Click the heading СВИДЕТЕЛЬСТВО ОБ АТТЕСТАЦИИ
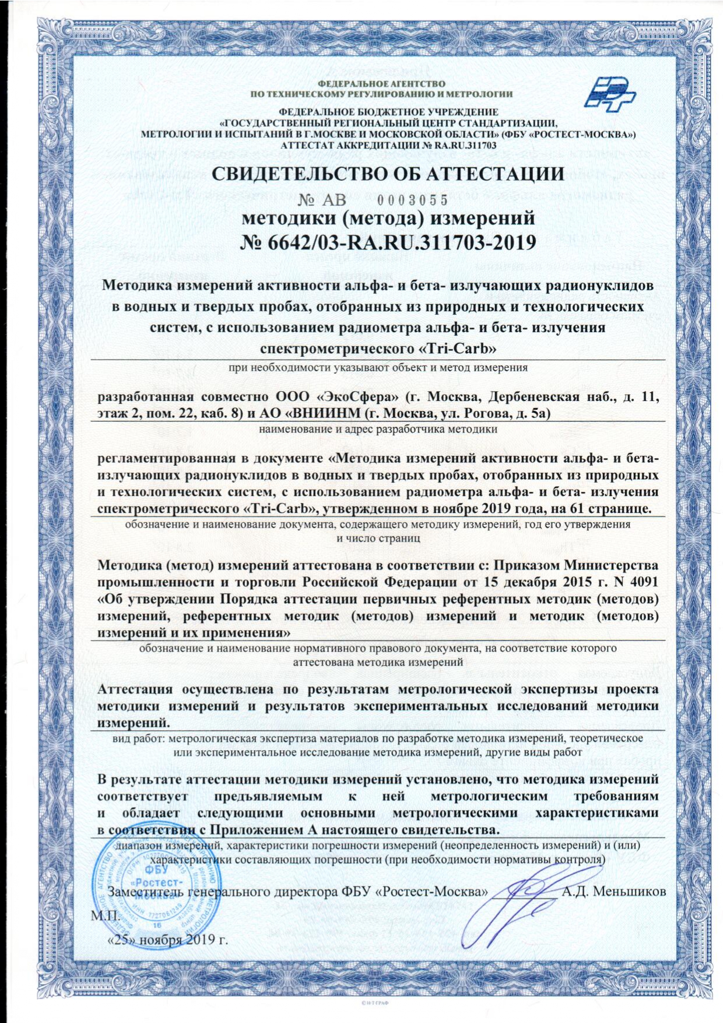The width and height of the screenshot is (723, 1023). point(388,174)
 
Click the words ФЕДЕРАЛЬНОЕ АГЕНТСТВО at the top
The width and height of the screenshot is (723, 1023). point(382,85)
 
